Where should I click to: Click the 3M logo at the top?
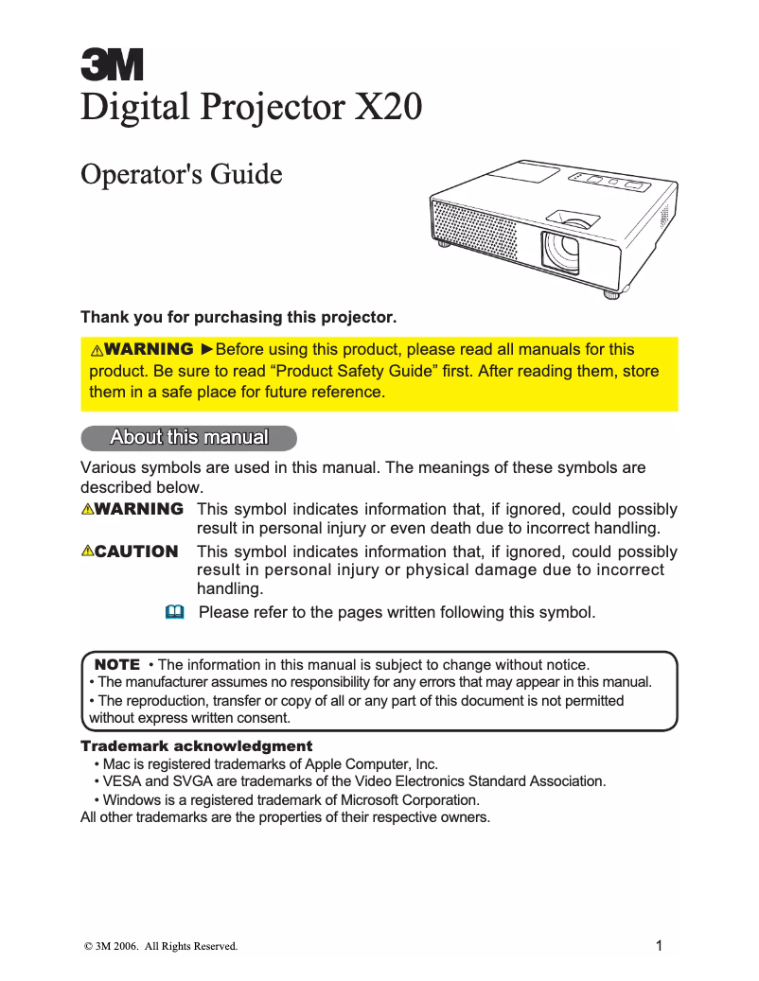click(x=112, y=65)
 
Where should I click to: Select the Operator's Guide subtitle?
click(x=182, y=175)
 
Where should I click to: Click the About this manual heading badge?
click(x=189, y=438)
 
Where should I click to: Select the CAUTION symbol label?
click(x=131, y=552)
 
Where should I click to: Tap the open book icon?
click(x=173, y=612)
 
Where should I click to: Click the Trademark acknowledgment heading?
click(x=197, y=746)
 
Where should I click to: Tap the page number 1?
click(x=659, y=944)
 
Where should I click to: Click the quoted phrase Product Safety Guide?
click(x=354, y=371)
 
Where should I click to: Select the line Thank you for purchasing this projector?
click(x=238, y=317)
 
